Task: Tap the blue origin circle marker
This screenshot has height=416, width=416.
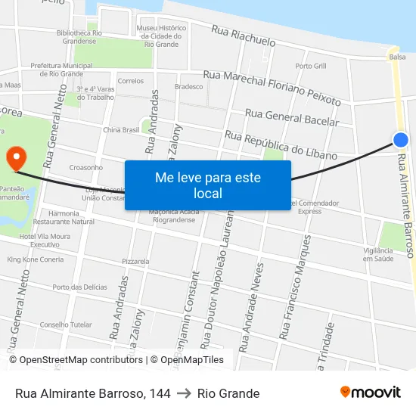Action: [401, 139]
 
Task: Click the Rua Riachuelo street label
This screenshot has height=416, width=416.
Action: [244, 36]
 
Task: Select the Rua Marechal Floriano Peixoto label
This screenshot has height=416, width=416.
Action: [272, 87]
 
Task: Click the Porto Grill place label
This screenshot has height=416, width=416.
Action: [311, 67]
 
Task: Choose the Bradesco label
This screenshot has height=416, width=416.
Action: [188, 87]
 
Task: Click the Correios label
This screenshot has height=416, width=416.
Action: [131, 81]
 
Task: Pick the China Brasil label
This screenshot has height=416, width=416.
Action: [121, 130]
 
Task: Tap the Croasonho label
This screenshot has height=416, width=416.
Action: [85, 167]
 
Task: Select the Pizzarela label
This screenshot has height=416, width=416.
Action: [135, 261]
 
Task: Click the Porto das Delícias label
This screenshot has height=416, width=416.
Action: [80, 287]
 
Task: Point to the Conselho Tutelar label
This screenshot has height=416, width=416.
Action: [65, 324]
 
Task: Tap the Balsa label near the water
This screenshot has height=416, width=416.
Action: [397, 57]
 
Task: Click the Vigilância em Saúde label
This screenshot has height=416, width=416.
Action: [378, 254]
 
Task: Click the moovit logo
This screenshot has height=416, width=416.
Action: [370, 393]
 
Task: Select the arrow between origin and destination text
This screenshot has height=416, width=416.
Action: [184, 393]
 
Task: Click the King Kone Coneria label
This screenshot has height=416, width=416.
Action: [36, 259]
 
